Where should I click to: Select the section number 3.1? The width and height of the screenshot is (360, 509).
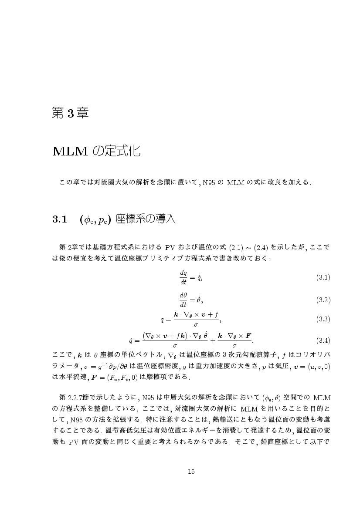coord(58,219)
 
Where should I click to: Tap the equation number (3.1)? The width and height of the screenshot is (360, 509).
coord(323,277)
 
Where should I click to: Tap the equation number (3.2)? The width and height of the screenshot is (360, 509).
coord(323,300)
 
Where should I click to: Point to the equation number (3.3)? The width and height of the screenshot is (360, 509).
coord(323,319)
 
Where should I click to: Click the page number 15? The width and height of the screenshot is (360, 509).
coord(191,471)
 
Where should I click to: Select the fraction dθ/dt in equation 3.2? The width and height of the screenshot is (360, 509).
coord(183,299)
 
